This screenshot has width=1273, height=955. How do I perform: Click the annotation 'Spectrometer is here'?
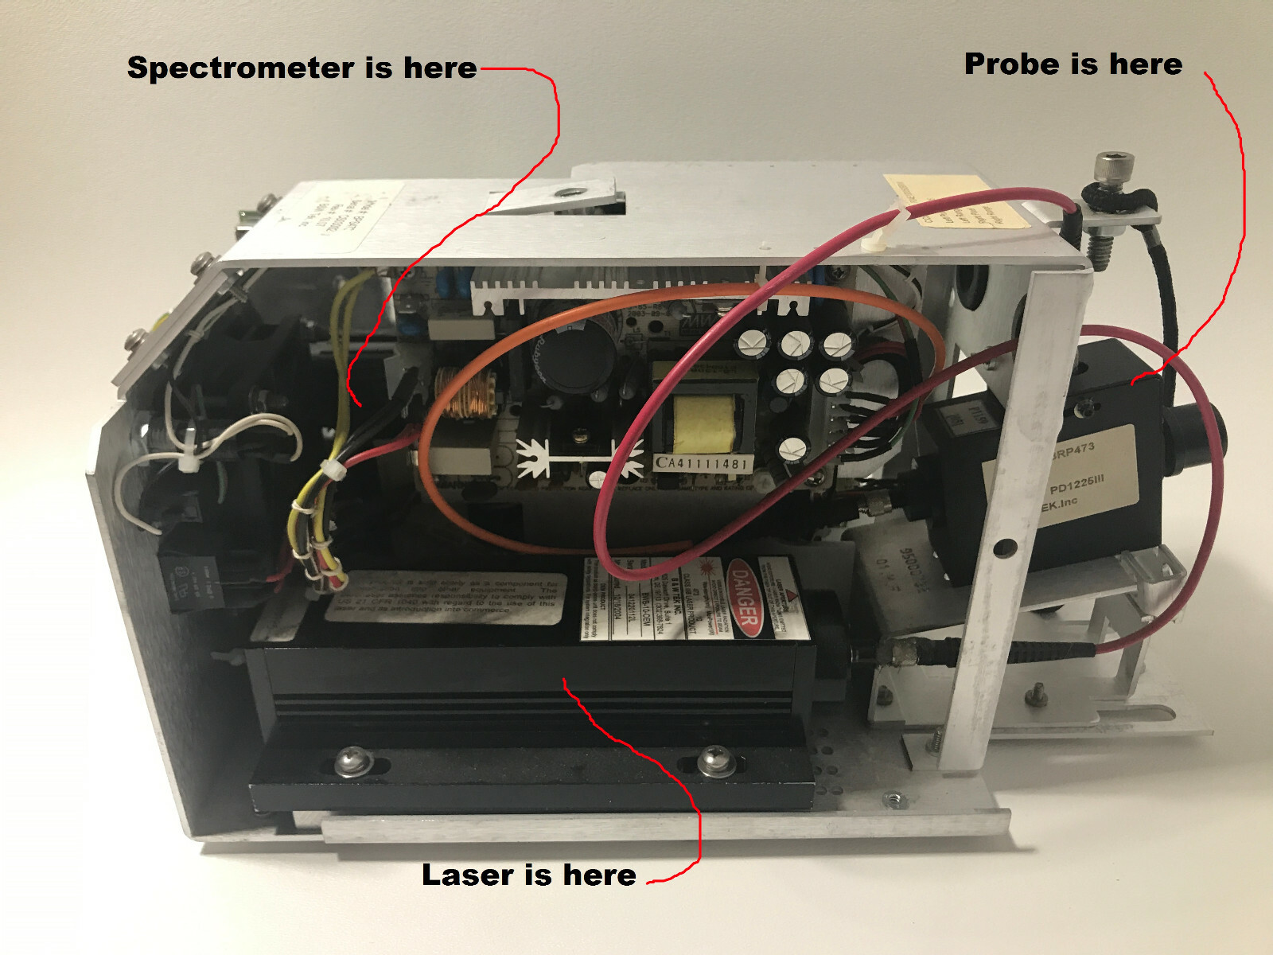tap(302, 68)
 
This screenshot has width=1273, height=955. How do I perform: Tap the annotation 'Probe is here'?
tap(1073, 64)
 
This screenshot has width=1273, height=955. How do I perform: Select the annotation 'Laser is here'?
tap(528, 875)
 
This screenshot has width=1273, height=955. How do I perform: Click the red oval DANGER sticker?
tap(744, 599)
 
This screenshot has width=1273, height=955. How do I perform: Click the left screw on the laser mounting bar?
tap(350, 762)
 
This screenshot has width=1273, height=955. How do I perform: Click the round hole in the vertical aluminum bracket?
tap(1006, 548)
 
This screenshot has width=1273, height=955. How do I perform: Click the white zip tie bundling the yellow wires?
tap(333, 470)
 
